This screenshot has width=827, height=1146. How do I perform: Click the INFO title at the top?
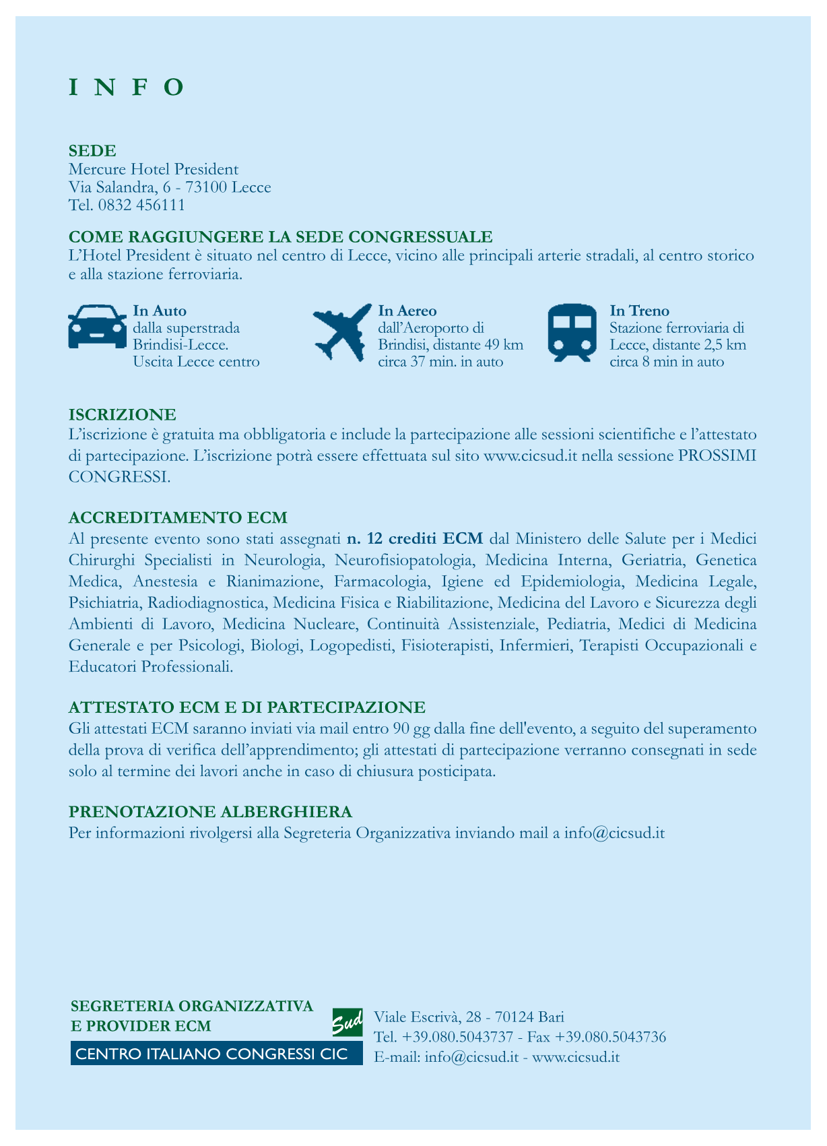127,88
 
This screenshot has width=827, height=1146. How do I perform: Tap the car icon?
97,327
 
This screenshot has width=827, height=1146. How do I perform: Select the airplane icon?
342,332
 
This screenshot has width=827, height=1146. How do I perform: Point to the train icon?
572,332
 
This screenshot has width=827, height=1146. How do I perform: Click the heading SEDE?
92,150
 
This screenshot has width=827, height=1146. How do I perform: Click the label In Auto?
160,311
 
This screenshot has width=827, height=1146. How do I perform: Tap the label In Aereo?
407,311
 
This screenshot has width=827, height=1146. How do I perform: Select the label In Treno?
639,311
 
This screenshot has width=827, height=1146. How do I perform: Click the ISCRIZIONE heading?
123,414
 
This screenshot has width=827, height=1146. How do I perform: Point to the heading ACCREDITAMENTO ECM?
178,517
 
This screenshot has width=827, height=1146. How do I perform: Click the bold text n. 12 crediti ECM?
414,538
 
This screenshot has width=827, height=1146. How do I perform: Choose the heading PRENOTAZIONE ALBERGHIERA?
211,811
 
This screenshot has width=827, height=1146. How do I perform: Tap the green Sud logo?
348,1022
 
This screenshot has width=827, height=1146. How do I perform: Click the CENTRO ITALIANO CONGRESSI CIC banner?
212,1054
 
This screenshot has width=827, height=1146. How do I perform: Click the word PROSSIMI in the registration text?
717,455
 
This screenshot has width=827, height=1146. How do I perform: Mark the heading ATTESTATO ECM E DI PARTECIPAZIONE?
247,707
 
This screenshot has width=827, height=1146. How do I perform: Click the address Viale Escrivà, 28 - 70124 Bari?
469,1017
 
